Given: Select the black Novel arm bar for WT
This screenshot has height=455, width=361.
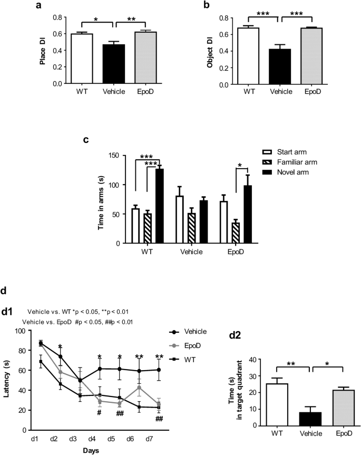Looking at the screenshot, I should pyautogui.click(x=159, y=206).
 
